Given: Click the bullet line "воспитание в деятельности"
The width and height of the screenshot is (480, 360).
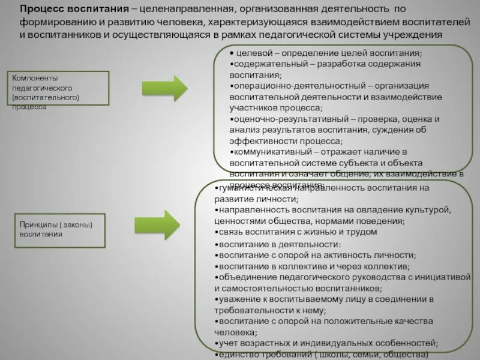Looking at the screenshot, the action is click(279, 244).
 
